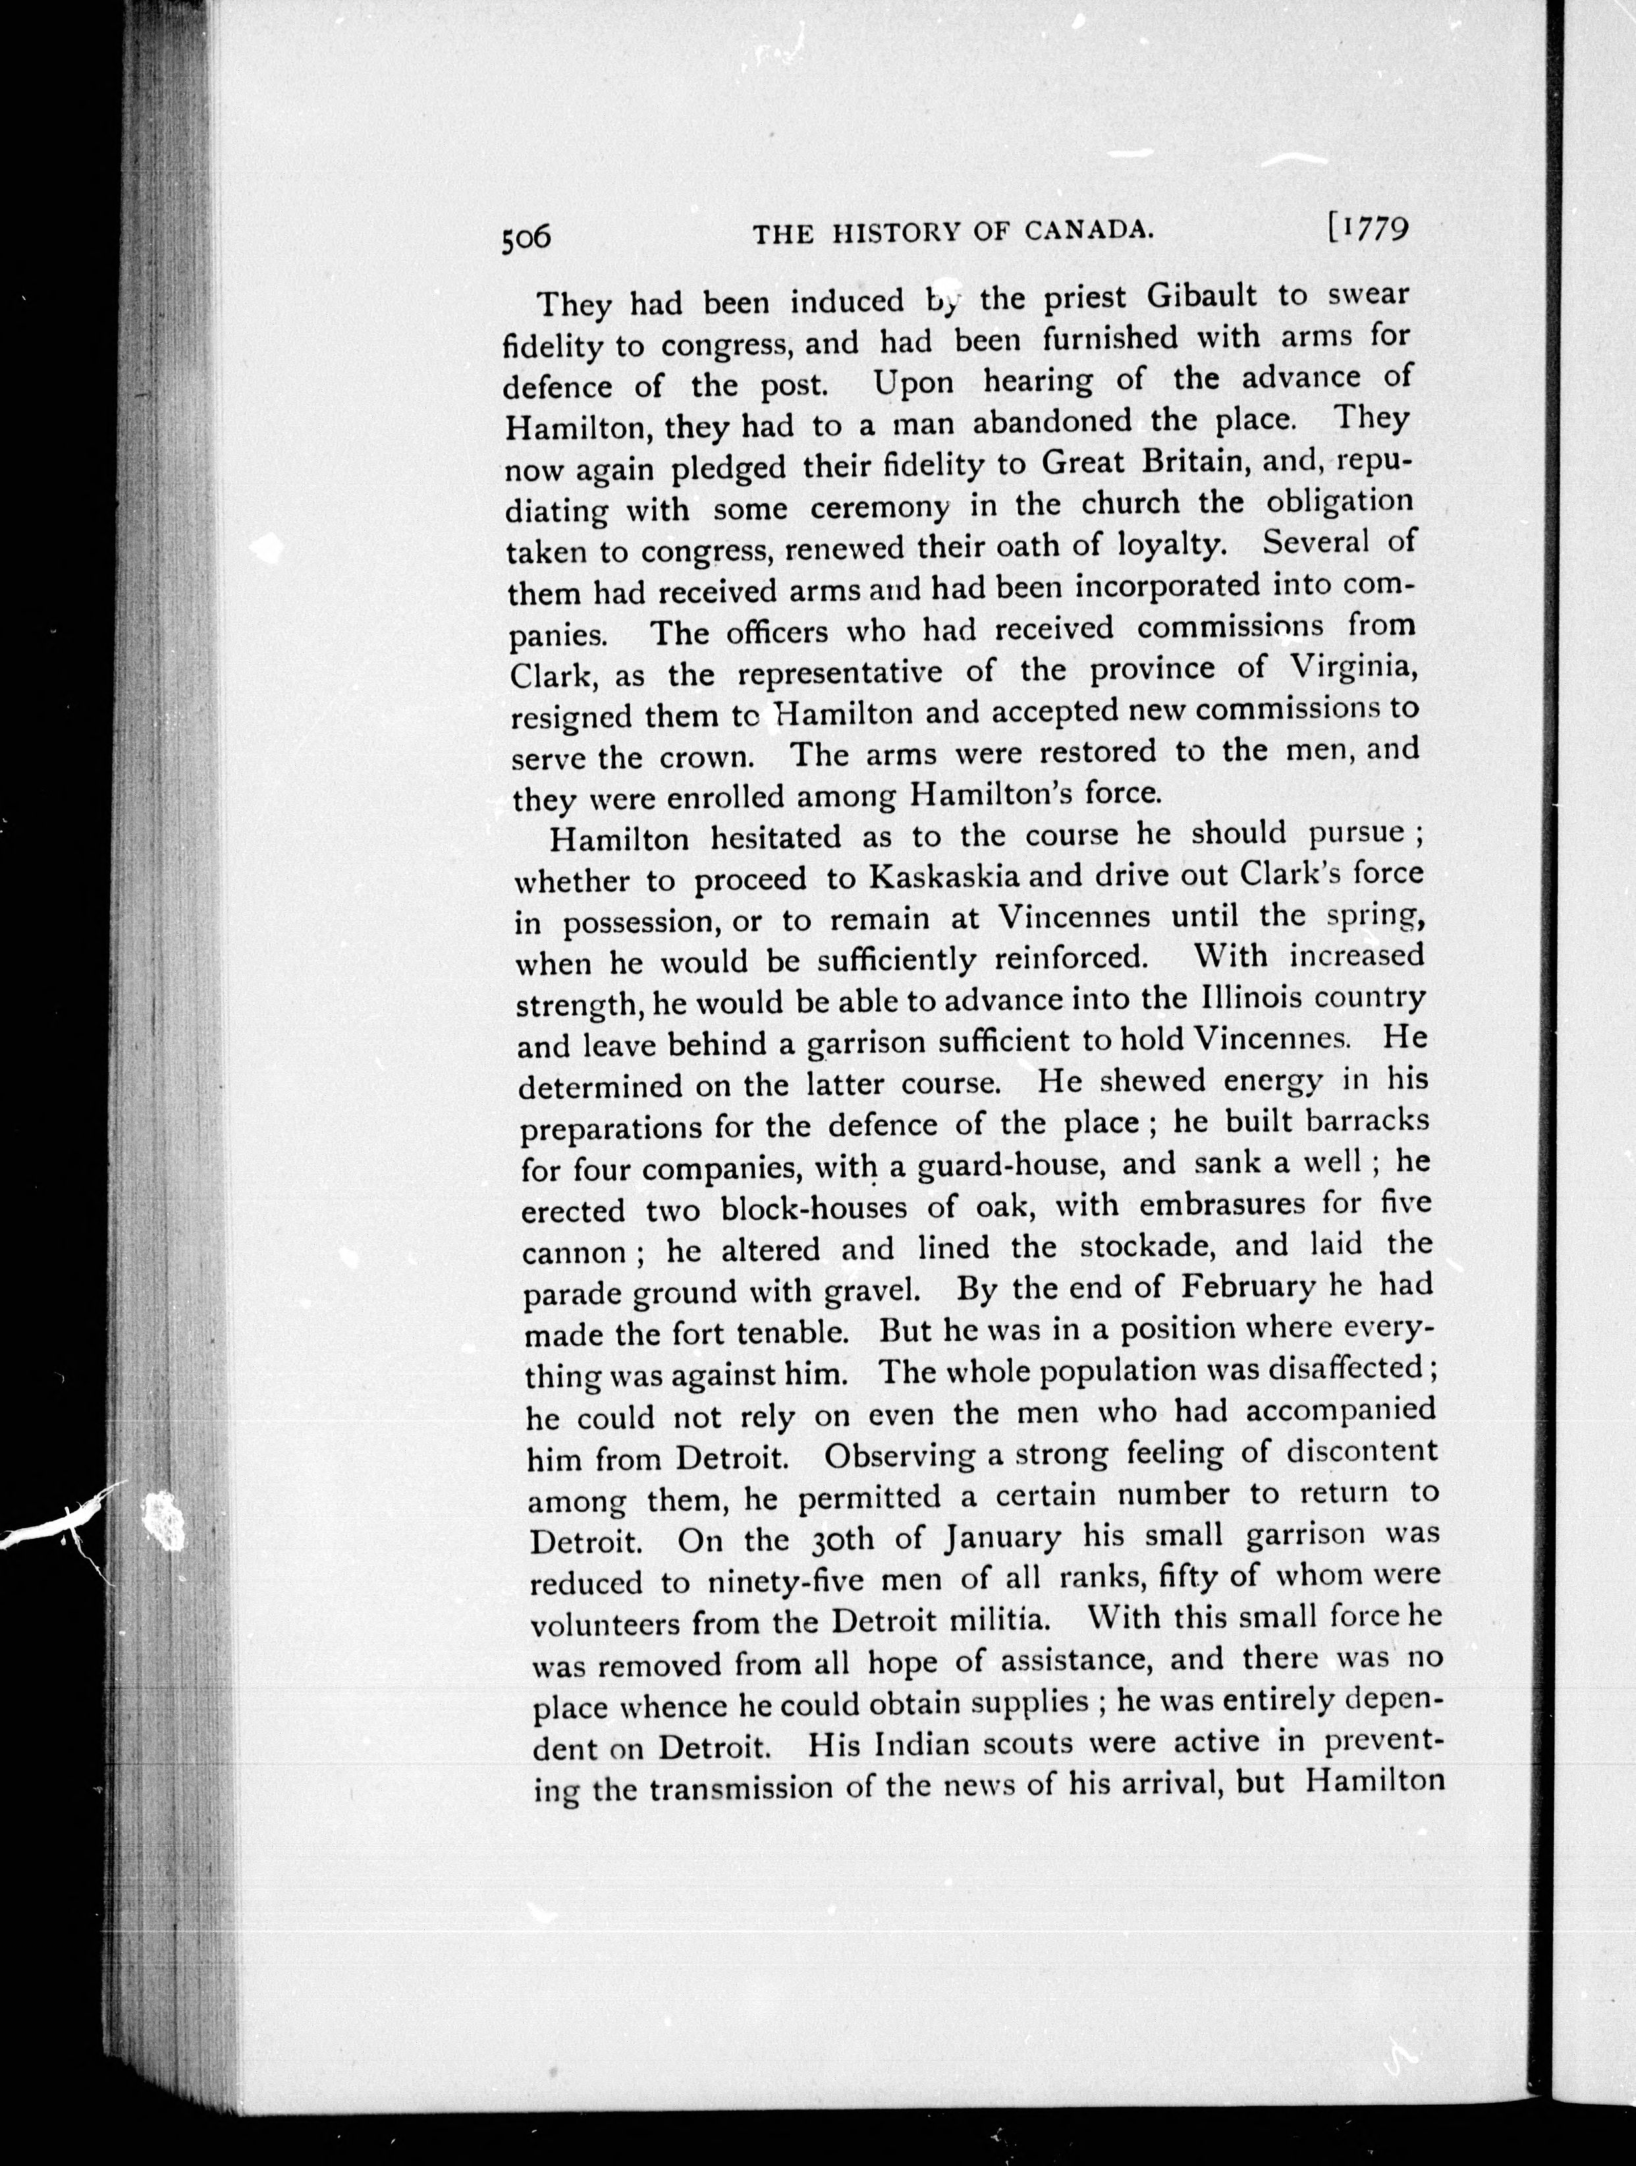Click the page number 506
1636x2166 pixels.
pyautogui.click(x=526, y=238)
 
